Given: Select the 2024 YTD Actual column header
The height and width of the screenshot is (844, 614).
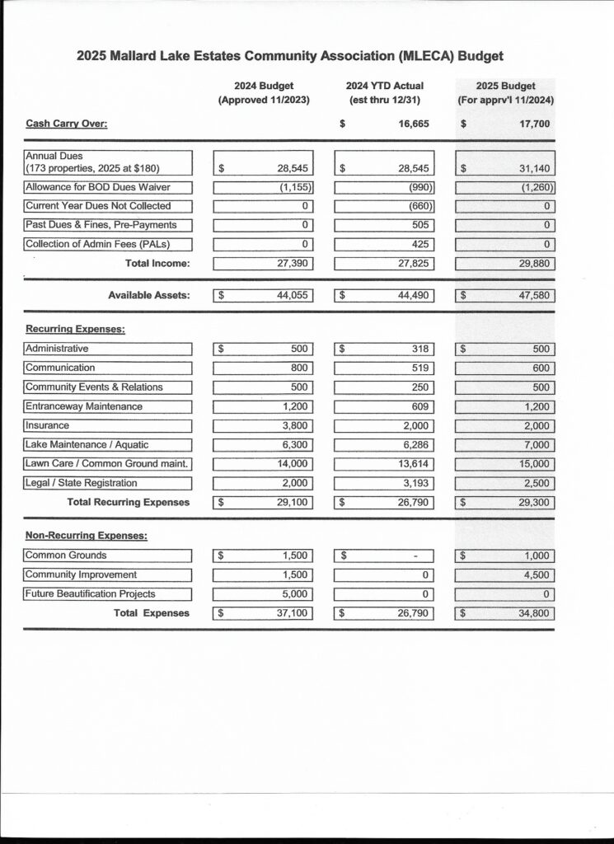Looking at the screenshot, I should pyautogui.click(x=385, y=86).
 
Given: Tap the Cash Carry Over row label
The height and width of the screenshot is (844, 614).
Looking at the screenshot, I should pyautogui.click(x=67, y=124).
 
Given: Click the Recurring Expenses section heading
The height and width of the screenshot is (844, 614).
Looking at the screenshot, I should pyautogui.click(x=75, y=329).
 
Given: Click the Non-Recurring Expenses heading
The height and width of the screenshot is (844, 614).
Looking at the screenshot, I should pyautogui.click(x=87, y=536).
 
